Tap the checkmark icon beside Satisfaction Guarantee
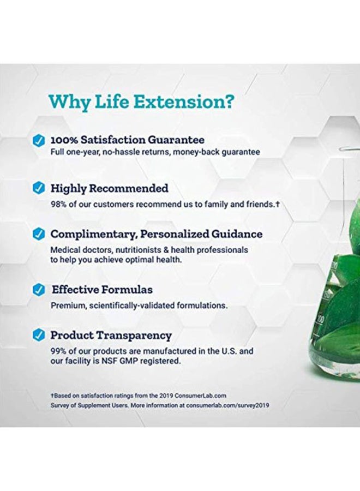(x=39, y=141)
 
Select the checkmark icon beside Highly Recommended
(x=39, y=188)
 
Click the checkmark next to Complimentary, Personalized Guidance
(x=39, y=234)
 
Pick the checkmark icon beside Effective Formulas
(x=39, y=290)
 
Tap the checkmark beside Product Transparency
(x=39, y=336)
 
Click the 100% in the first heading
(x=64, y=140)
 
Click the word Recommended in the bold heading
(x=129, y=188)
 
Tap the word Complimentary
(x=94, y=234)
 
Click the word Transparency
(x=134, y=336)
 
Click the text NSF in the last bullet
(x=109, y=361)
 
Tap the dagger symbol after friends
(x=277, y=205)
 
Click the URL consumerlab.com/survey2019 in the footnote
(x=227, y=405)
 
